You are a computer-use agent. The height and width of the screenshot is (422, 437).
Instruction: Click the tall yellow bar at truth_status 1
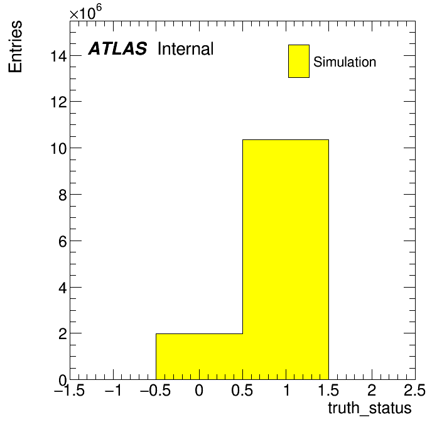[286, 259]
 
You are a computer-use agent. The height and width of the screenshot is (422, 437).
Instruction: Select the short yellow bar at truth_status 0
[199, 357]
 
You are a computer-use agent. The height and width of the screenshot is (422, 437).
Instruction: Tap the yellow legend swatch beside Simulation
[299, 61]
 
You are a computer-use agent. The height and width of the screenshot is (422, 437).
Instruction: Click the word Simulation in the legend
[345, 62]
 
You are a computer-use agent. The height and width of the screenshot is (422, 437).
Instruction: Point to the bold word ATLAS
[117, 48]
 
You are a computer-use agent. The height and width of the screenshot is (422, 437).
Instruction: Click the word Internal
[186, 48]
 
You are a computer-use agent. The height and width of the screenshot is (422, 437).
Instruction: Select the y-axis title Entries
[15, 46]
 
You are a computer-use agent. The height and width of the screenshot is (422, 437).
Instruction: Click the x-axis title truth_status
[370, 409]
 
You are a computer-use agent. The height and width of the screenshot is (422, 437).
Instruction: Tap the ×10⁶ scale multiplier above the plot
[85, 13]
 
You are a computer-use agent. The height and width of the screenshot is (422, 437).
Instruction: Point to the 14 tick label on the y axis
[59, 56]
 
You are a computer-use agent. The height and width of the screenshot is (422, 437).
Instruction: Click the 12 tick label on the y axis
[59, 102]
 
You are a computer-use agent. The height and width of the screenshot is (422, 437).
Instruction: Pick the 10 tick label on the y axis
[59, 149]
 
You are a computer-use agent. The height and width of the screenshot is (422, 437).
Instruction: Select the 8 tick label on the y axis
[63, 195]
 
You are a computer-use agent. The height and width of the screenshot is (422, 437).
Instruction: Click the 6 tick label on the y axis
[63, 241]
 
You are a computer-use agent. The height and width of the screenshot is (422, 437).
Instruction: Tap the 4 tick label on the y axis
[63, 288]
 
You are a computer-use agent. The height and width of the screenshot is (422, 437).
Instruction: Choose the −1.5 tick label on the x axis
[70, 390]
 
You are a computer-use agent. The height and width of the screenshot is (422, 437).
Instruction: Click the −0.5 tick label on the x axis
[156, 390]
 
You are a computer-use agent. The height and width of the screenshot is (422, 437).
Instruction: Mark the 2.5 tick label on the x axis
[414, 390]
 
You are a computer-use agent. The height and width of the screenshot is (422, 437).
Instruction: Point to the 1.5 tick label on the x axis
[328, 390]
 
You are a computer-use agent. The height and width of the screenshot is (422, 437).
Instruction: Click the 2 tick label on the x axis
[372, 390]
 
